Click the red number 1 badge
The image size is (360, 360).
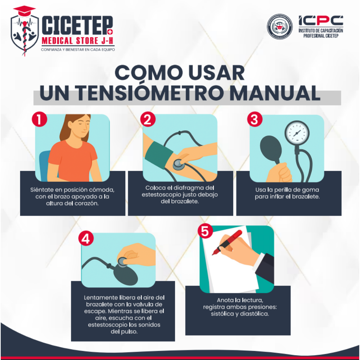[40, 119]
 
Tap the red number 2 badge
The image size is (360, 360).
[148, 119]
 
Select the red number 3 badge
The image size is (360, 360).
[255, 119]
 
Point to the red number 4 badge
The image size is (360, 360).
[86, 239]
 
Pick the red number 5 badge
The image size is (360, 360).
[205, 231]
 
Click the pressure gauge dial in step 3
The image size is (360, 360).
[297, 133]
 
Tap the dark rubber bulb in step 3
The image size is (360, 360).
[271, 149]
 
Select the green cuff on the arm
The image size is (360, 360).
[158, 155]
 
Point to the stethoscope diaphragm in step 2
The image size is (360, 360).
[179, 164]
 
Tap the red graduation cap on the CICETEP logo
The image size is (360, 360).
[24, 11]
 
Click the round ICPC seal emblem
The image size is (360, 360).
[280, 26]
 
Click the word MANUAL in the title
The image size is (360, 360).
[275, 93]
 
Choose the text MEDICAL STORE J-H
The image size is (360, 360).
[78, 41]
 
